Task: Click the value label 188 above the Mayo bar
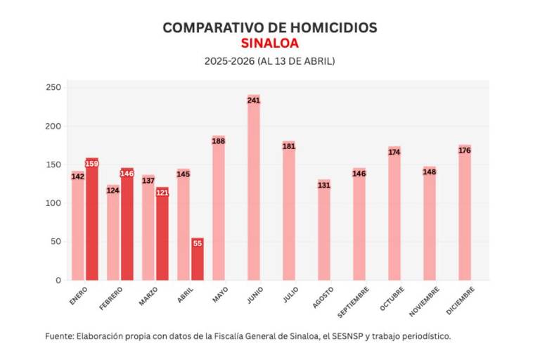coord(219,141)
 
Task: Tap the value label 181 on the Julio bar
coord(289,146)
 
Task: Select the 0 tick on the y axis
coord(59,280)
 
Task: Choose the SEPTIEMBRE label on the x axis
coord(352,300)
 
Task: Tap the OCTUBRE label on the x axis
coord(392,298)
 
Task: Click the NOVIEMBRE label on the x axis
coord(425,300)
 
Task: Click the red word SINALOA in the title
coord(269,43)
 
